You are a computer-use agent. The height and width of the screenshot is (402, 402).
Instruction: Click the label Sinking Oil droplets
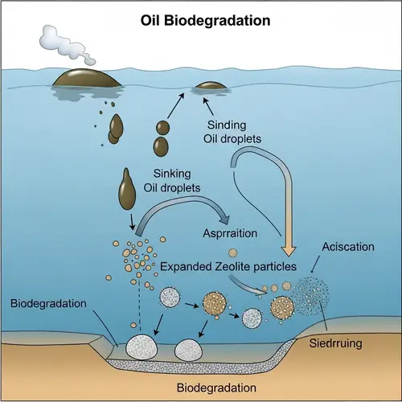click(x=176, y=181)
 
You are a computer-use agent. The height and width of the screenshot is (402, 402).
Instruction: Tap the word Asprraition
click(x=232, y=233)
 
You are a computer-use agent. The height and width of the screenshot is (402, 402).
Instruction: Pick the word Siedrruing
click(x=335, y=343)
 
